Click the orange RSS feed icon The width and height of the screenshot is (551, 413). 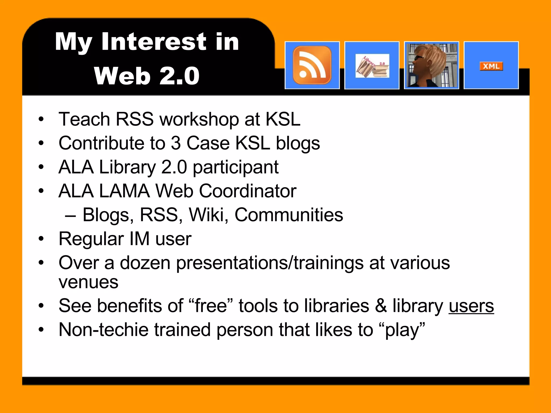tap(312, 65)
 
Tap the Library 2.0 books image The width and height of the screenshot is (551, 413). tap(372, 66)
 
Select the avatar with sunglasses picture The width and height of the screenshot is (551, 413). tap(431, 65)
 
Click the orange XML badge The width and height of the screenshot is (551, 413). tap(491, 66)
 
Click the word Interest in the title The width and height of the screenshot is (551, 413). tap(154, 42)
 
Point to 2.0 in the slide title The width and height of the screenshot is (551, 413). tap(179, 76)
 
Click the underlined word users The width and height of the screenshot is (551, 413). tap(471, 306)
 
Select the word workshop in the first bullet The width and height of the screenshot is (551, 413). tap(199, 119)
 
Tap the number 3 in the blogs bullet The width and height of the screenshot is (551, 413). tap(176, 143)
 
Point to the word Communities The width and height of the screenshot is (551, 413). tap(289, 215)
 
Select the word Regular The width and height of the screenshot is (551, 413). tap(91, 239)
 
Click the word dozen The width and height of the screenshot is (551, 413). tap(145, 263)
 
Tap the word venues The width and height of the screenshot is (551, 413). tap(89, 283)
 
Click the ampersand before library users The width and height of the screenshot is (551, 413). tap(381, 306)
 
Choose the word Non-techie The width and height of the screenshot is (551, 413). tap(104, 330)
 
